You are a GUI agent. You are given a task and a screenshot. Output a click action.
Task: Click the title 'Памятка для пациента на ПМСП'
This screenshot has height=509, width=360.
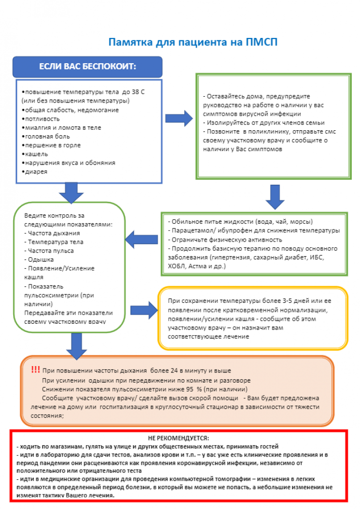point(193,42)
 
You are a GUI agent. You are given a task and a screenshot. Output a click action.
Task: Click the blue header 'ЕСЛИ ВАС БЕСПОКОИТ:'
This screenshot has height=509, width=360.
point(87,66)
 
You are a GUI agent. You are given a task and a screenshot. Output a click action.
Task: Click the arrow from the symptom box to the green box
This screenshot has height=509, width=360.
point(179,118)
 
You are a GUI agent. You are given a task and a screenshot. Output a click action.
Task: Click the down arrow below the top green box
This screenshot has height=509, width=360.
point(275,195)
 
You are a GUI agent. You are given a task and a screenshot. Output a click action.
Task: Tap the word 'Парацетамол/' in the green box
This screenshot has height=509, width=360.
point(187,230)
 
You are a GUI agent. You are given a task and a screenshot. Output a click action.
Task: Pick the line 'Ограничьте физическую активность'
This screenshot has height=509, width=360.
point(225,239)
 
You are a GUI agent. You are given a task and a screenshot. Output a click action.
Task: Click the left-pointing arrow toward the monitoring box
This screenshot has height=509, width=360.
point(141,239)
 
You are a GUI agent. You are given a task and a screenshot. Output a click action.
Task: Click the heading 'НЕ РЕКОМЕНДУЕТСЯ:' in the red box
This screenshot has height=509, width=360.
point(178,438)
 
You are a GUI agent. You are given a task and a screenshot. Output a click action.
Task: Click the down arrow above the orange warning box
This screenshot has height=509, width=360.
point(76,343)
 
